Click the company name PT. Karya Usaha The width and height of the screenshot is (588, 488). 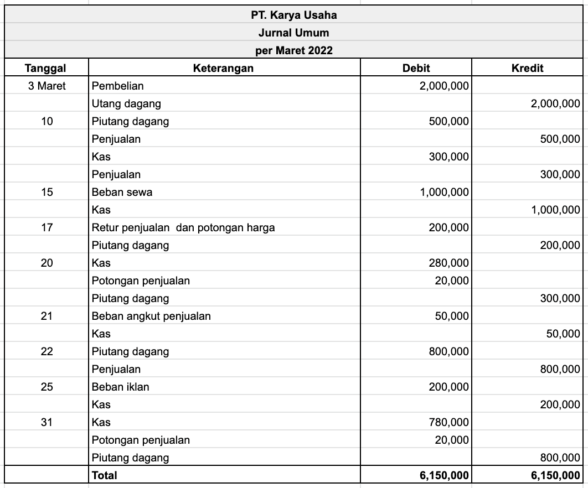(x=293, y=15)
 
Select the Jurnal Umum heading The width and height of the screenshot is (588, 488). (x=293, y=33)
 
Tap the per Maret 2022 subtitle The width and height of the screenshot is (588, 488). (x=293, y=50)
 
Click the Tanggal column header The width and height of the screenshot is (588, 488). (x=46, y=68)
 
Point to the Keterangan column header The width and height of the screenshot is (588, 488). (x=223, y=68)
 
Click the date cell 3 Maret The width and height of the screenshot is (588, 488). (x=47, y=86)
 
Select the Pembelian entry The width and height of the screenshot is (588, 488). (x=117, y=86)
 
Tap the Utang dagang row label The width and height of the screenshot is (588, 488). (x=126, y=103)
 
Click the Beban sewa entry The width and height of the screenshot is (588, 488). (x=122, y=192)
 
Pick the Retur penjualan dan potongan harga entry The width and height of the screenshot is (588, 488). (x=183, y=227)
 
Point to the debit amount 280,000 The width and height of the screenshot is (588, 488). (x=448, y=263)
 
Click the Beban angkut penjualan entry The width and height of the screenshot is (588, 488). (x=151, y=316)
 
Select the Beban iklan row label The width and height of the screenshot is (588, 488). (x=120, y=387)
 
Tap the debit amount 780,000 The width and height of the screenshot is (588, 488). (x=448, y=422)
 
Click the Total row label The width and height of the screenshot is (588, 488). (x=105, y=475)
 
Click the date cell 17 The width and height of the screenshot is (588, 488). (x=47, y=227)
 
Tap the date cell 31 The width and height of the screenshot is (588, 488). (x=47, y=422)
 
